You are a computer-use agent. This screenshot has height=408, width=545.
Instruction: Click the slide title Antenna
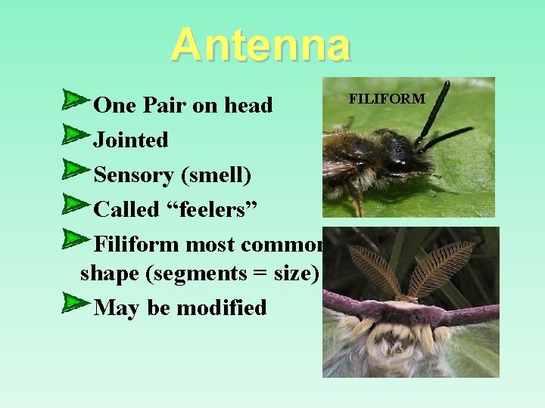(260, 45)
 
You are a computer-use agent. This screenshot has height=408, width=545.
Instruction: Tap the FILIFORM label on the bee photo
(387, 98)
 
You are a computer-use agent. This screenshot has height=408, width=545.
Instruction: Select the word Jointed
(130, 140)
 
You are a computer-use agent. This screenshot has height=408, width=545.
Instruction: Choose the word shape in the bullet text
(113, 273)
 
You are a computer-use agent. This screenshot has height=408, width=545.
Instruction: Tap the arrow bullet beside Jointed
(76, 134)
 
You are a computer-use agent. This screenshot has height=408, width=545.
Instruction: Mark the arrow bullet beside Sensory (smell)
(76, 169)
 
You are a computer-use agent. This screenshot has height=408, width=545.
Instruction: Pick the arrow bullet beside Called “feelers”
(76, 204)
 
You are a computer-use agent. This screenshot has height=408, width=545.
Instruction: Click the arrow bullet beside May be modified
(76, 302)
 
